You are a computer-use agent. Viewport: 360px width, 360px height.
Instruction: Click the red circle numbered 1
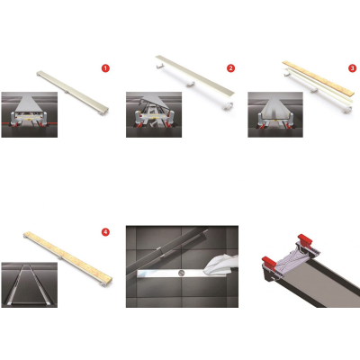pyautogui.click(x=105, y=68)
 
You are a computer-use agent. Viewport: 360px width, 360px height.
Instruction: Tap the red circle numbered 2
pyautogui.click(x=230, y=68)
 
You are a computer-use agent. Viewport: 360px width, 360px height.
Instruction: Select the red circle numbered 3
pyautogui.click(x=352, y=68)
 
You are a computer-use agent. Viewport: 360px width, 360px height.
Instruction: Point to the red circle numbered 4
pyautogui.click(x=105, y=232)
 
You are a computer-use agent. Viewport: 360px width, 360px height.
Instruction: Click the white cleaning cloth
pyautogui.click(x=222, y=265)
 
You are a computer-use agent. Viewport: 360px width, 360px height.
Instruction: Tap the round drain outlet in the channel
pyautogui.click(x=181, y=273)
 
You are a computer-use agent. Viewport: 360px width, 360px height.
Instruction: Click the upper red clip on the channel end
pyautogui.click(x=305, y=239)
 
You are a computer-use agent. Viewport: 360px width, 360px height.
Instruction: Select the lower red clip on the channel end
pyautogui.click(x=269, y=262)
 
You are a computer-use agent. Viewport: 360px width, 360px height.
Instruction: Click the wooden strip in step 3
pyautogui.click(x=320, y=79)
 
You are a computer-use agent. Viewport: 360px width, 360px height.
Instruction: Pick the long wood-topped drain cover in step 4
pyautogui.click(x=67, y=256)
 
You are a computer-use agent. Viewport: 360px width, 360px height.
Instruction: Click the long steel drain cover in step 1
pyautogui.click(x=73, y=93)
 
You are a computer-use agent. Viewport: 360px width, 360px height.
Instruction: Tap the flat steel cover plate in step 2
pyautogui.click(x=195, y=75)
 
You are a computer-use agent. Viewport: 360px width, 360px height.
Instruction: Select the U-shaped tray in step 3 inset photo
pyautogui.click(x=275, y=111)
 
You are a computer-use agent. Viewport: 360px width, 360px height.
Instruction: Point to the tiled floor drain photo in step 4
pyautogui.click(x=30, y=284)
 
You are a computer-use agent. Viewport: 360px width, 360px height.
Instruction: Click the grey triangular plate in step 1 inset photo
pyautogui.click(x=30, y=102)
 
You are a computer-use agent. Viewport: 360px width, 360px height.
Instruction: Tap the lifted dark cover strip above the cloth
pyautogui.click(x=166, y=248)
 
